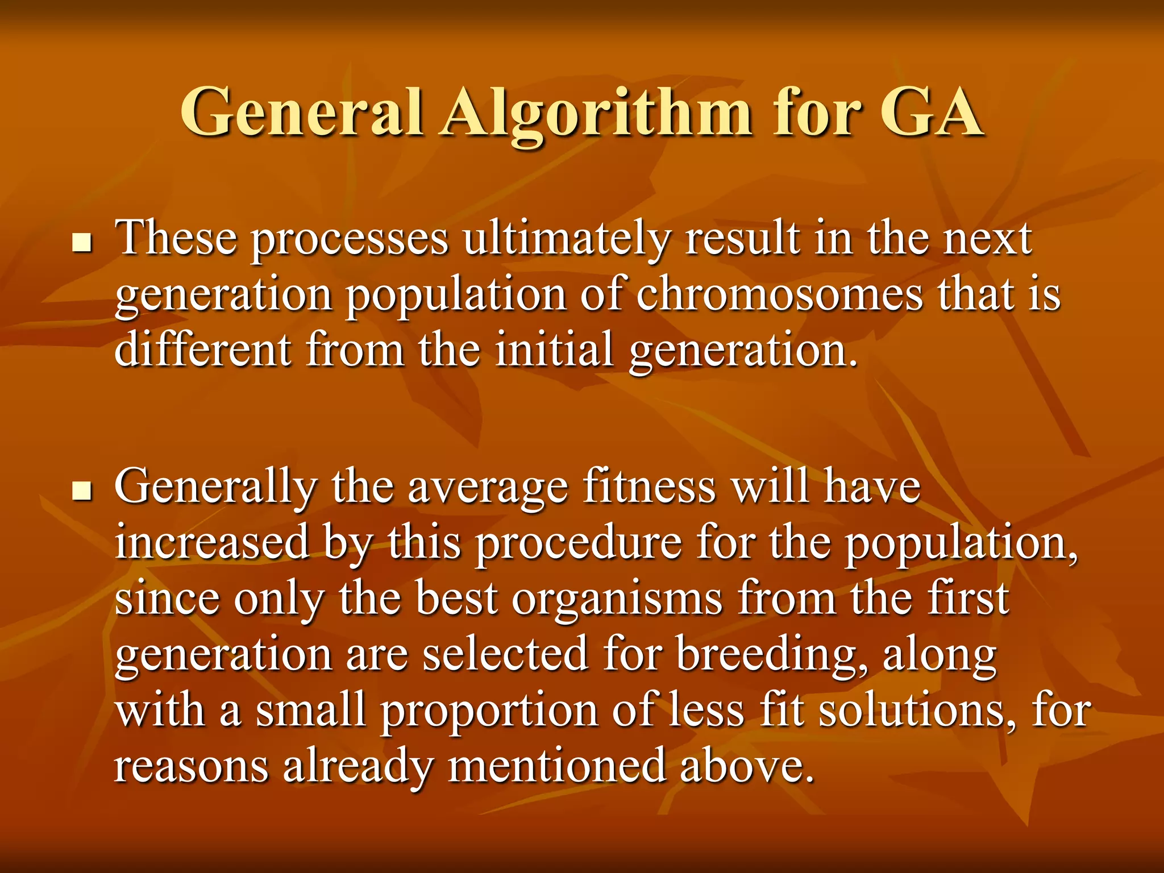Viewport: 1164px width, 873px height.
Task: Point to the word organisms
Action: tap(617, 600)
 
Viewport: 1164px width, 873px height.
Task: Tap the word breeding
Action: tap(771, 656)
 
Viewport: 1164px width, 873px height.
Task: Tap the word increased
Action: tap(212, 542)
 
